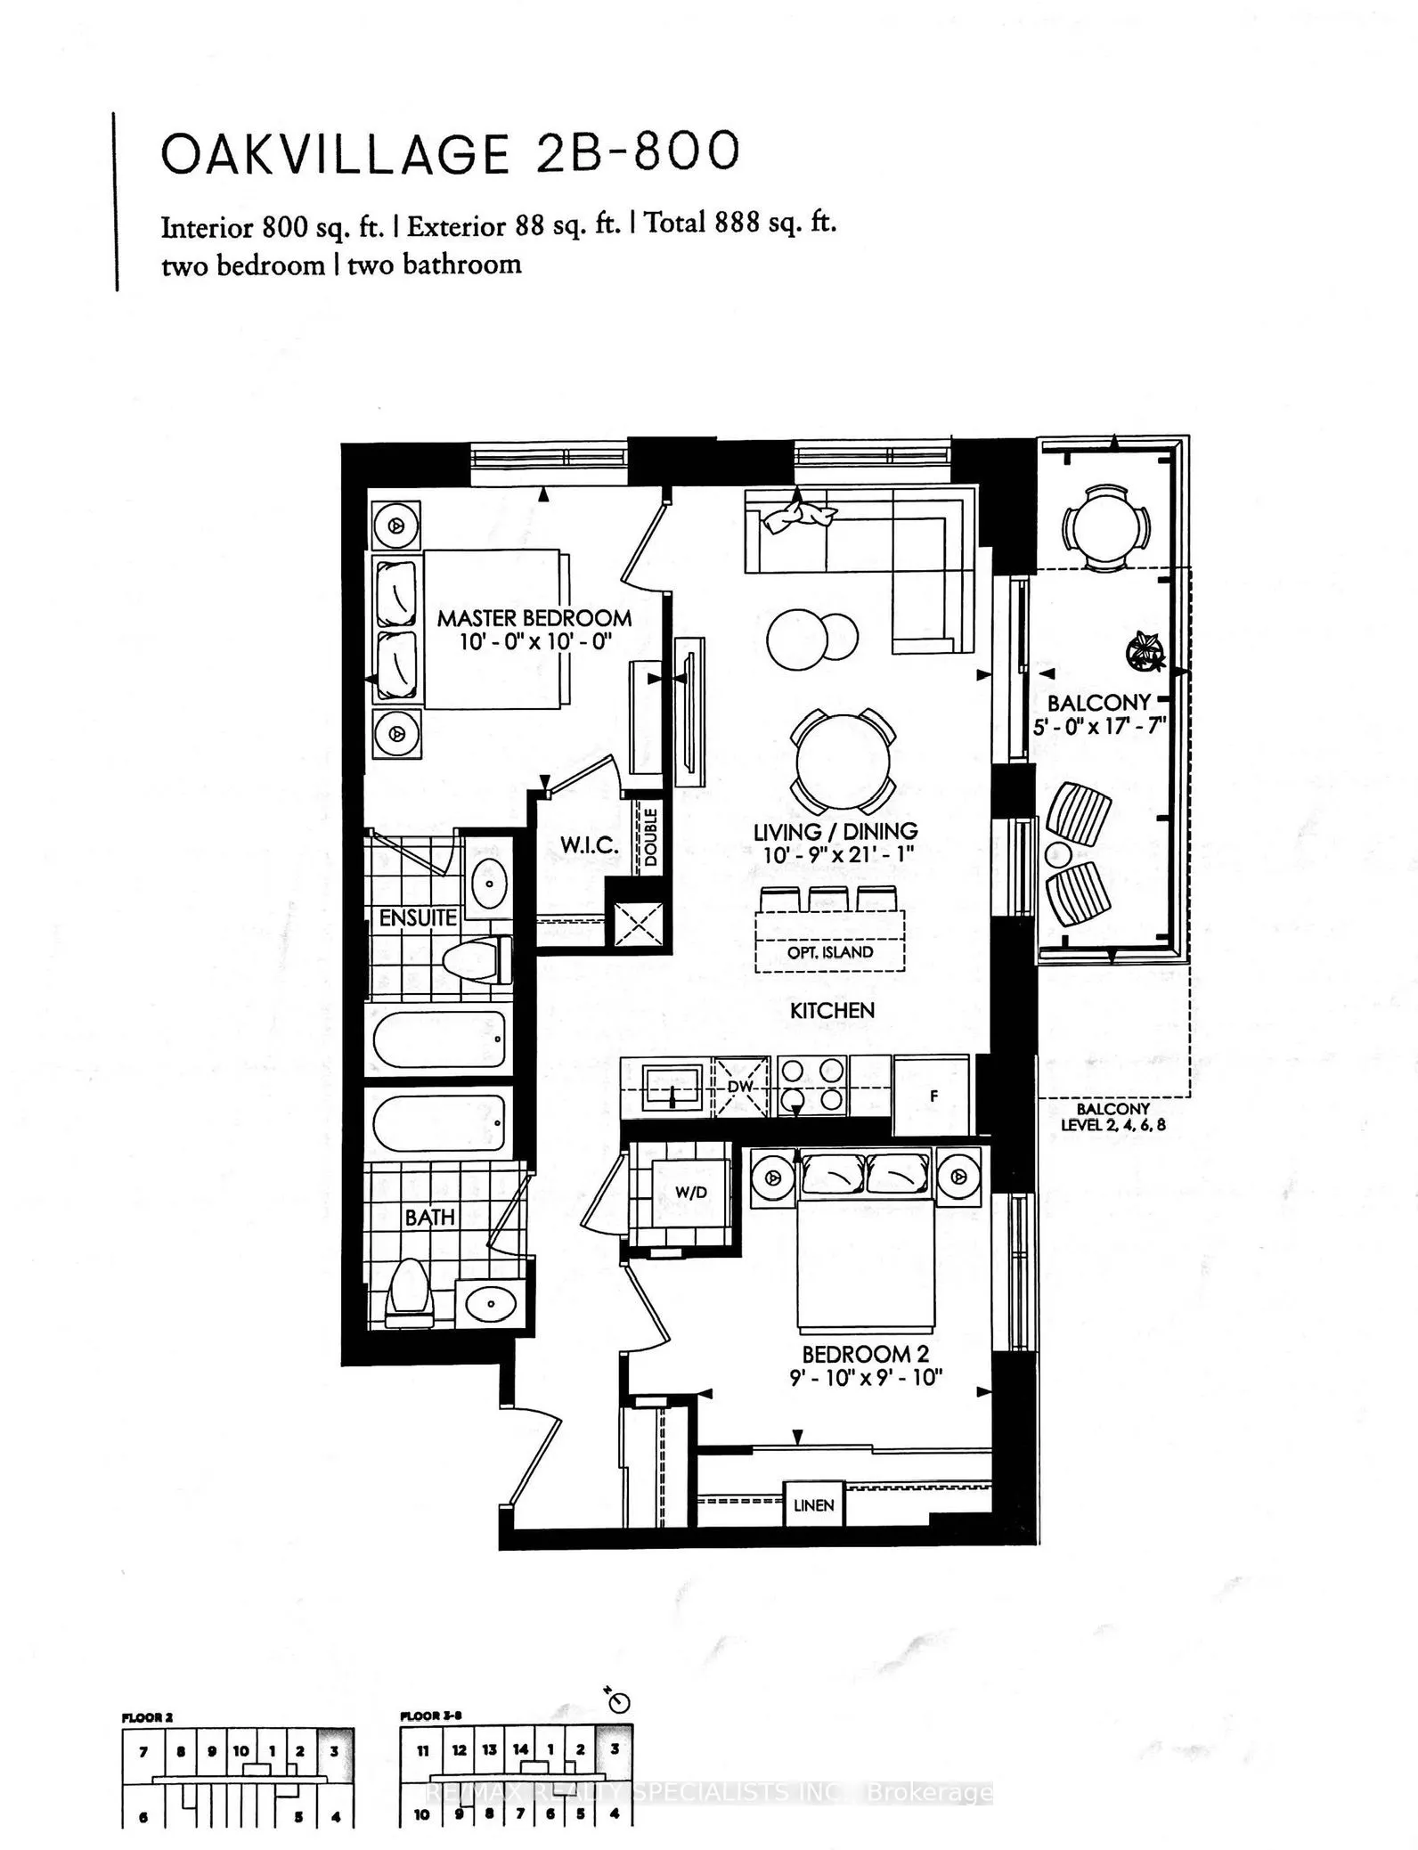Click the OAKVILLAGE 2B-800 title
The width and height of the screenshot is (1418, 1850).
(450, 153)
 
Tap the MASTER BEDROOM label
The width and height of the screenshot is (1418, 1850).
(534, 617)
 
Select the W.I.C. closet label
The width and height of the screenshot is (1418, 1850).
(589, 844)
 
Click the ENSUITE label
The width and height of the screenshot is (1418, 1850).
(417, 917)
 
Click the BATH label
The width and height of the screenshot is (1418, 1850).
(429, 1217)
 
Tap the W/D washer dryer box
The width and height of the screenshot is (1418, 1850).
(691, 1192)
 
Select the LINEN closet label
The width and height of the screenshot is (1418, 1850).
(813, 1505)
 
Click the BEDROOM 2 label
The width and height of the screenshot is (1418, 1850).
(865, 1355)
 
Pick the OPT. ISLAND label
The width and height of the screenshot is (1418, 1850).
(829, 952)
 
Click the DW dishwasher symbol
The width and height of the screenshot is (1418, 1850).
(741, 1087)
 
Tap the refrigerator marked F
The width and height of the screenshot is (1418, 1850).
(932, 1096)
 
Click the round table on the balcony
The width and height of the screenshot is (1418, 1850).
(1104, 530)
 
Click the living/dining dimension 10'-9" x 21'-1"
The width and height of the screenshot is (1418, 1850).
(835, 853)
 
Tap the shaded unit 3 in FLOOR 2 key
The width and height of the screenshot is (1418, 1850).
(335, 1750)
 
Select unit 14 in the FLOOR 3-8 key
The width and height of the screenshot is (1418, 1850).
(520, 1749)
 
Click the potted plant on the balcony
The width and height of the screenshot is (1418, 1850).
(1143, 650)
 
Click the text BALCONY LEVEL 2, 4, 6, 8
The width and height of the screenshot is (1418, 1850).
(1112, 1117)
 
